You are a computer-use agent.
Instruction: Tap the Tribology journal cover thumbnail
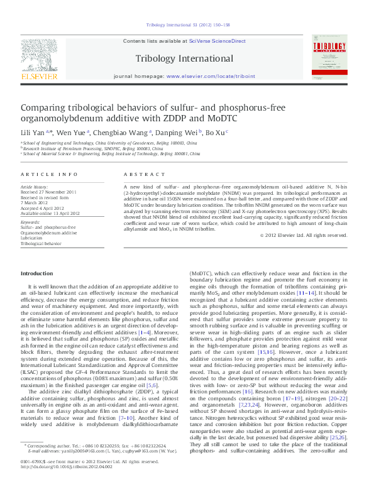tap(329, 60)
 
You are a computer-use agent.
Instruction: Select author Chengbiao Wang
tap(122, 133)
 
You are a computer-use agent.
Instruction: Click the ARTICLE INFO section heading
tap(50, 174)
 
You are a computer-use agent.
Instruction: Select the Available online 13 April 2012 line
tap(53, 213)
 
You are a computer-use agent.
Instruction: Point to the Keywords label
tap(31, 222)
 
